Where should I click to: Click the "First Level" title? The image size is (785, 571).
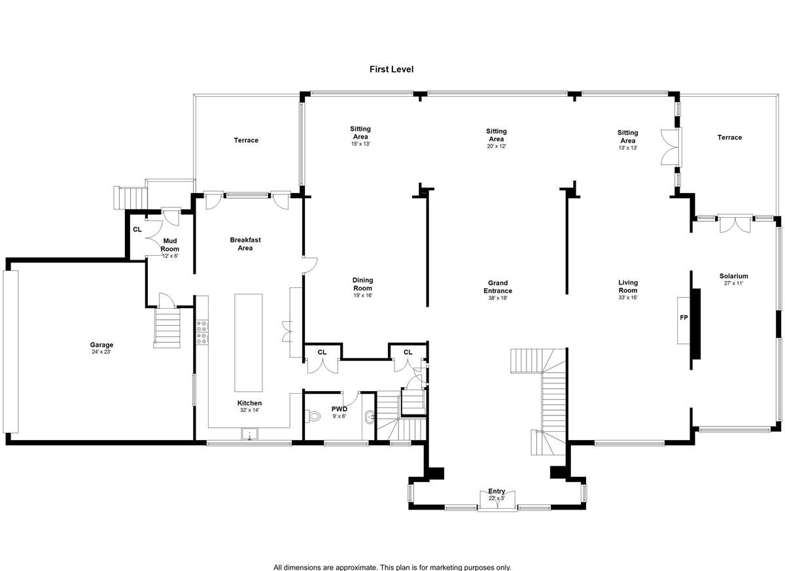391,69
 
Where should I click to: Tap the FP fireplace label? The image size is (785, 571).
684,318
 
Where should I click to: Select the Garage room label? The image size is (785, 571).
101,345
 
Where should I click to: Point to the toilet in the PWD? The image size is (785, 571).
313,417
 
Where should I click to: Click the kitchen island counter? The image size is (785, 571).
248,343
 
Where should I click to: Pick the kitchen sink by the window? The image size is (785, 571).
249,434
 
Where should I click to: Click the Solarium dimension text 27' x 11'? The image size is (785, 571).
733,283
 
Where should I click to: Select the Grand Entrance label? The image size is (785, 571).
498,286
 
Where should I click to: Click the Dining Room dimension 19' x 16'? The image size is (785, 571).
362,295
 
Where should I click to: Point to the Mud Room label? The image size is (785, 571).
170,245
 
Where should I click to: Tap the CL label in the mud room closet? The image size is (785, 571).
137,230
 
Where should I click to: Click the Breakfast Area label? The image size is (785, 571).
245,244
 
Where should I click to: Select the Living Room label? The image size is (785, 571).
628,286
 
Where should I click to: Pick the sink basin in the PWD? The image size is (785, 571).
369,417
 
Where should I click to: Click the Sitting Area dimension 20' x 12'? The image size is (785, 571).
497,146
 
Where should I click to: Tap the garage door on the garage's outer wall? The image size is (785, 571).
10,351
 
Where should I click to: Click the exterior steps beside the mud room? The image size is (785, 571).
130,198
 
